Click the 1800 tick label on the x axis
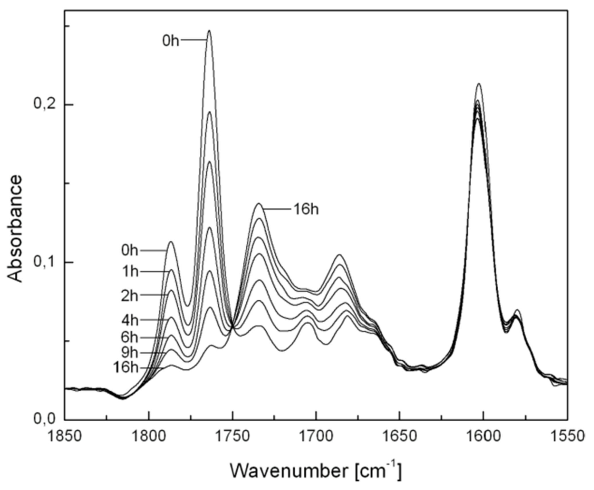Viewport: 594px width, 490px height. point(148,436)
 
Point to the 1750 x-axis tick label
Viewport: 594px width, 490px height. point(232,436)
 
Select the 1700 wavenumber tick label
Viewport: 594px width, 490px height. point(316,436)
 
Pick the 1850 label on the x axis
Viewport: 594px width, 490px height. point(65,436)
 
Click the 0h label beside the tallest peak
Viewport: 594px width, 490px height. point(171,41)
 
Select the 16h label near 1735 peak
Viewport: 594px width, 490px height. point(306,209)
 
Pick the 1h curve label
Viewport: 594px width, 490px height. point(130,271)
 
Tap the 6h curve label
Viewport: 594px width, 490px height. point(130,337)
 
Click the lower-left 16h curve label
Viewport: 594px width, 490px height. point(126,367)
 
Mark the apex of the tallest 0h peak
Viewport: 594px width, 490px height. point(209,30)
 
